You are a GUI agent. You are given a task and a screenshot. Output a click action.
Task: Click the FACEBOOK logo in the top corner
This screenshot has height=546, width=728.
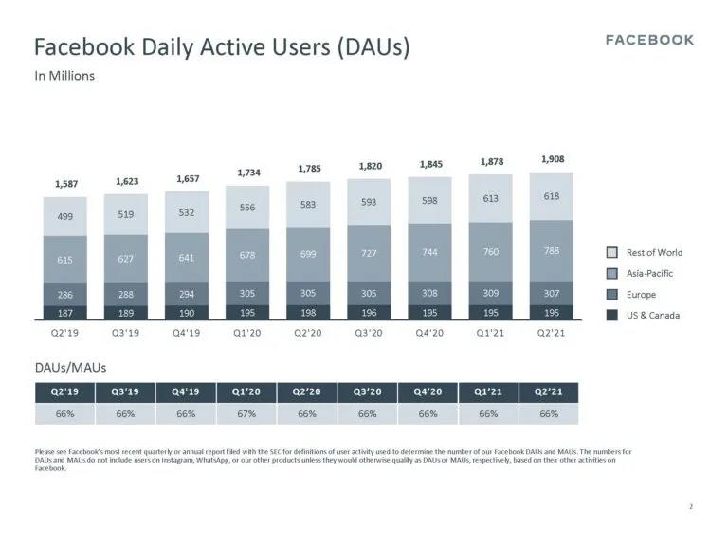tap(649, 40)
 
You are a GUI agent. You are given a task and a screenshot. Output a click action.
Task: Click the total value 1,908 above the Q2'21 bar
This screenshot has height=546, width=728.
tap(552, 160)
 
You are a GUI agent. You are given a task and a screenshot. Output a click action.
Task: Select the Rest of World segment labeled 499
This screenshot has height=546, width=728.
tap(65, 216)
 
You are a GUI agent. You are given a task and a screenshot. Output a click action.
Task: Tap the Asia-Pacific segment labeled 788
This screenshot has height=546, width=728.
tap(552, 251)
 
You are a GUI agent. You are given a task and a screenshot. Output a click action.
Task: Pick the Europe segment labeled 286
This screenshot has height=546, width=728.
tap(65, 295)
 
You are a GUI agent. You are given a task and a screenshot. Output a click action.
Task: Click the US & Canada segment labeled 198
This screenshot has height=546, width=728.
tap(309, 312)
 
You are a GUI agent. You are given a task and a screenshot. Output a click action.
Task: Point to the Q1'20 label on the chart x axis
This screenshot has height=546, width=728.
tap(248, 333)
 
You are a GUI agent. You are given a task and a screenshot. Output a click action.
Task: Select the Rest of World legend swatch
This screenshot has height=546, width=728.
tap(612, 252)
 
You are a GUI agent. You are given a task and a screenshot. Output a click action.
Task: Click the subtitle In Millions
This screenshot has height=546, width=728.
tap(64, 76)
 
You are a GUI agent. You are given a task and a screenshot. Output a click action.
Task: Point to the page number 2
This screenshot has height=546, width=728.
tap(691, 506)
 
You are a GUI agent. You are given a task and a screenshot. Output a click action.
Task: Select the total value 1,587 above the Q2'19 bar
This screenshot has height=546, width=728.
tap(65, 183)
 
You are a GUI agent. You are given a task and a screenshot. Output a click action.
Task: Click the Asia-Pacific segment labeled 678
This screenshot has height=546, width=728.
tap(248, 255)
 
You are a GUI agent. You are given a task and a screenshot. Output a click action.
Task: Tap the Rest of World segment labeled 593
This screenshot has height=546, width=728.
tap(370, 202)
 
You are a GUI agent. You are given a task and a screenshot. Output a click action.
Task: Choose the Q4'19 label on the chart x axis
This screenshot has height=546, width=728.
tap(187, 333)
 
